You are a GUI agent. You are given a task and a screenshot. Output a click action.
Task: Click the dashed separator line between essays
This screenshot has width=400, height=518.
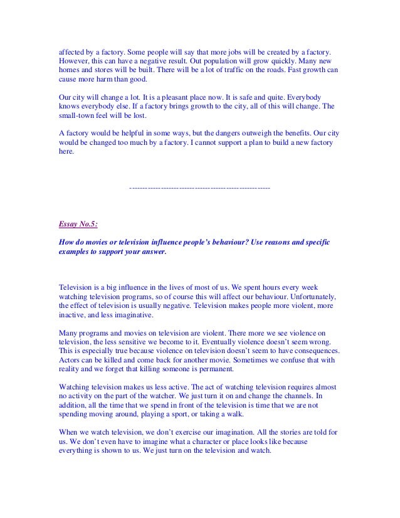(199, 188)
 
